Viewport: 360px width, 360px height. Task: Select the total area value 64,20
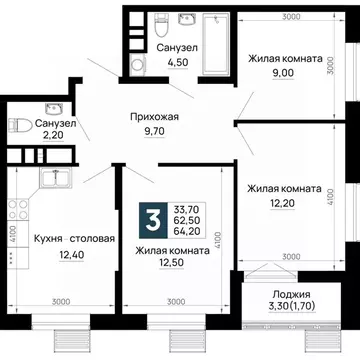187,231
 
